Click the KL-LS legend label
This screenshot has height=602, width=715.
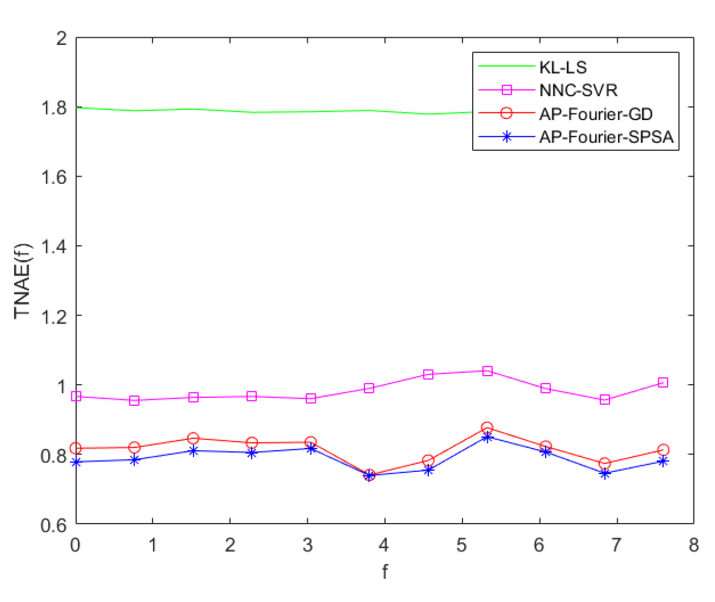(562, 68)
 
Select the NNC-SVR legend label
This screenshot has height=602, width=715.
(578, 90)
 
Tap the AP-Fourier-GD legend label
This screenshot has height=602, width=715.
(595, 114)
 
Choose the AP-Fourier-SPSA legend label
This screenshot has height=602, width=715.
(606, 137)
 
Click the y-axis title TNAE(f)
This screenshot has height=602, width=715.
(23, 281)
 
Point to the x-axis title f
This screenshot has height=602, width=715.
(385, 572)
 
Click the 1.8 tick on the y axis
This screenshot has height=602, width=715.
(54, 108)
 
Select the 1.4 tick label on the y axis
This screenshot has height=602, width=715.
(54, 246)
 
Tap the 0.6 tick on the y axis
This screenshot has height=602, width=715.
(54, 524)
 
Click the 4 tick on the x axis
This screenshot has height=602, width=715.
(384, 545)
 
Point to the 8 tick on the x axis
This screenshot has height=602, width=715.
(693, 545)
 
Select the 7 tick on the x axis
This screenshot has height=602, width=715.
(616, 545)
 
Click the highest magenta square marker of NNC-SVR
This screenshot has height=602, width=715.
(487, 371)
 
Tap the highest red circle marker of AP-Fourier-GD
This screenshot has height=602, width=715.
(487, 427)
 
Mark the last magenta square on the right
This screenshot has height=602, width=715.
(663, 383)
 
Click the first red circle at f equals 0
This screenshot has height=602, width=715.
(76, 449)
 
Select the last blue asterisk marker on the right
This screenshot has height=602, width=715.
(663, 461)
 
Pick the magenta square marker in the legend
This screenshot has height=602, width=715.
(507, 90)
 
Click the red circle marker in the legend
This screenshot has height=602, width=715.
(507, 114)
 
